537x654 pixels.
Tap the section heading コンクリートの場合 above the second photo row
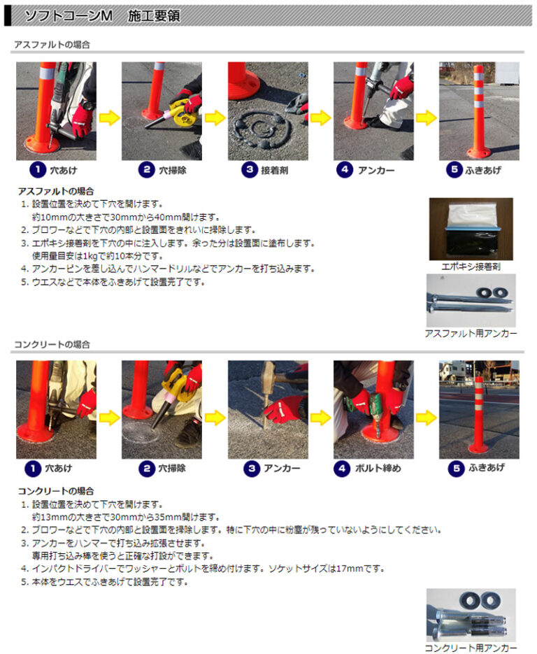(52, 345)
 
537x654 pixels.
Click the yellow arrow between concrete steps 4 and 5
(427, 418)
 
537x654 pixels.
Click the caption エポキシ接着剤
(471, 266)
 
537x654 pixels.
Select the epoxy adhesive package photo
(471, 229)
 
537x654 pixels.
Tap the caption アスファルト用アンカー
(471, 334)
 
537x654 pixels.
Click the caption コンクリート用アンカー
(471, 648)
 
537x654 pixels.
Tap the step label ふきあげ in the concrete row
(487, 468)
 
